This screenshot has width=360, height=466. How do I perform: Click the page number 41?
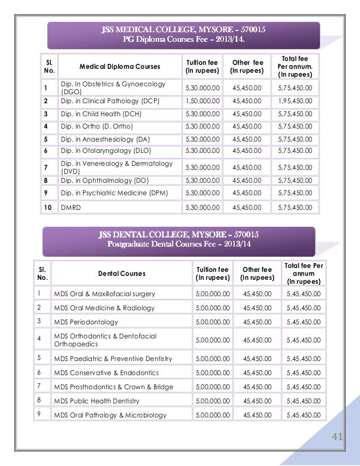[x=338, y=437]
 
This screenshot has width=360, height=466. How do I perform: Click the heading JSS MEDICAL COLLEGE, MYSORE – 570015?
[x=183, y=30]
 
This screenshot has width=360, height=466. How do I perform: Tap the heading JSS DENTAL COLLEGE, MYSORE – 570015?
[x=183, y=235]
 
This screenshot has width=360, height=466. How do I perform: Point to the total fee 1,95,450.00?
[x=295, y=101]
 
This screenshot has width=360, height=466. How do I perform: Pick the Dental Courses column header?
[x=121, y=274]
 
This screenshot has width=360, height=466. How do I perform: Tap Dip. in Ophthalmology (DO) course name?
[x=104, y=181]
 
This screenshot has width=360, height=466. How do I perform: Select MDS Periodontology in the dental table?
[x=86, y=322]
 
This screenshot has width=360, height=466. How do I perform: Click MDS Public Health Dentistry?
[x=96, y=401]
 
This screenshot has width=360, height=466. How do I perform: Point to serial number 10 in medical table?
[x=49, y=208]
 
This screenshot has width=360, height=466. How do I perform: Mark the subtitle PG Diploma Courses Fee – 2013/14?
[x=183, y=39]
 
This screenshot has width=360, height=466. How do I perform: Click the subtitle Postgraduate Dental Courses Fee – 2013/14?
[x=179, y=244]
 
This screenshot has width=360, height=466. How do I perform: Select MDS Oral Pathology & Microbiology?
[x=110, y=415]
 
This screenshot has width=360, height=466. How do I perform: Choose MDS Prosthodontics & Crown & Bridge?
[x=113, y=387]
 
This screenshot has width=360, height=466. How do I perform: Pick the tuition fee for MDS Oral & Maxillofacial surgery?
[x=212, y=294]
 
